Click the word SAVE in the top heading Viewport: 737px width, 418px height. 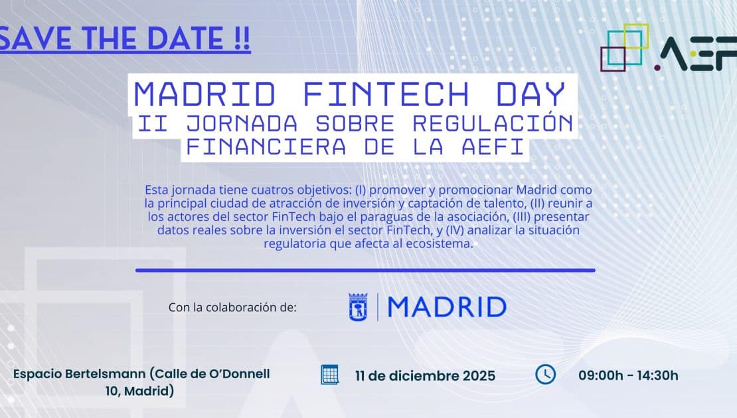[x=36, y=38]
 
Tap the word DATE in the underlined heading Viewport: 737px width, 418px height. [x=186, y=38]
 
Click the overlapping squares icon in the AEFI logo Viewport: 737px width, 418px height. [x=625, y=47]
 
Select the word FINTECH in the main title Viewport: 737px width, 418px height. [x=386, y=94]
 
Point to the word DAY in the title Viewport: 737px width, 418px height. [x=531, y=94]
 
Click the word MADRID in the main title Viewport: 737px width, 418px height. [x=205, y=94]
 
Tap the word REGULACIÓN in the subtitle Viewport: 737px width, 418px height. [x=493, y=123]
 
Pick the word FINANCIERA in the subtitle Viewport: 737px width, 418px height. [x=266, y=147]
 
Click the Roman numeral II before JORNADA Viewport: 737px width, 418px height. [x=153, y=123]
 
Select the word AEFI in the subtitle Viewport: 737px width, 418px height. [x=493, y=147]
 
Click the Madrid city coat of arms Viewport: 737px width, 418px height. [x=358, y=307]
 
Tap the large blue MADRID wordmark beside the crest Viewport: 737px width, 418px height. [x=447, y=307]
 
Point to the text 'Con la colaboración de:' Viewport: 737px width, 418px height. [x=232, y=307]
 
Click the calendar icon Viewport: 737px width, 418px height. [x=329, y=375]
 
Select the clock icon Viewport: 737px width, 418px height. [x=545, y=374]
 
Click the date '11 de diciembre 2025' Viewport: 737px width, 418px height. [x=426, y=376]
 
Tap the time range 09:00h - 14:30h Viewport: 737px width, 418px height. [x=628, y=376]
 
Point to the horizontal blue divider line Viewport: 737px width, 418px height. [x=365, y=270]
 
